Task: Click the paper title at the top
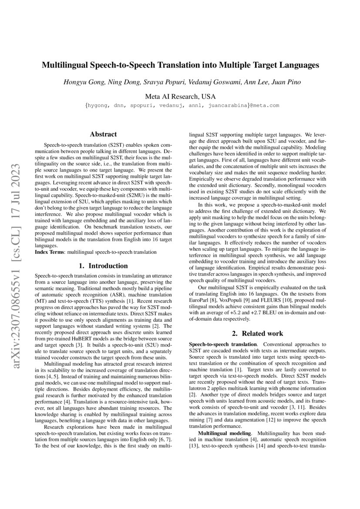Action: tap(180, 65)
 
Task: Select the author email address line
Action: tap(180, 105)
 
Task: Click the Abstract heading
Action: tap(103, 135)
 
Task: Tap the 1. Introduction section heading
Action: tap(103, 266)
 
